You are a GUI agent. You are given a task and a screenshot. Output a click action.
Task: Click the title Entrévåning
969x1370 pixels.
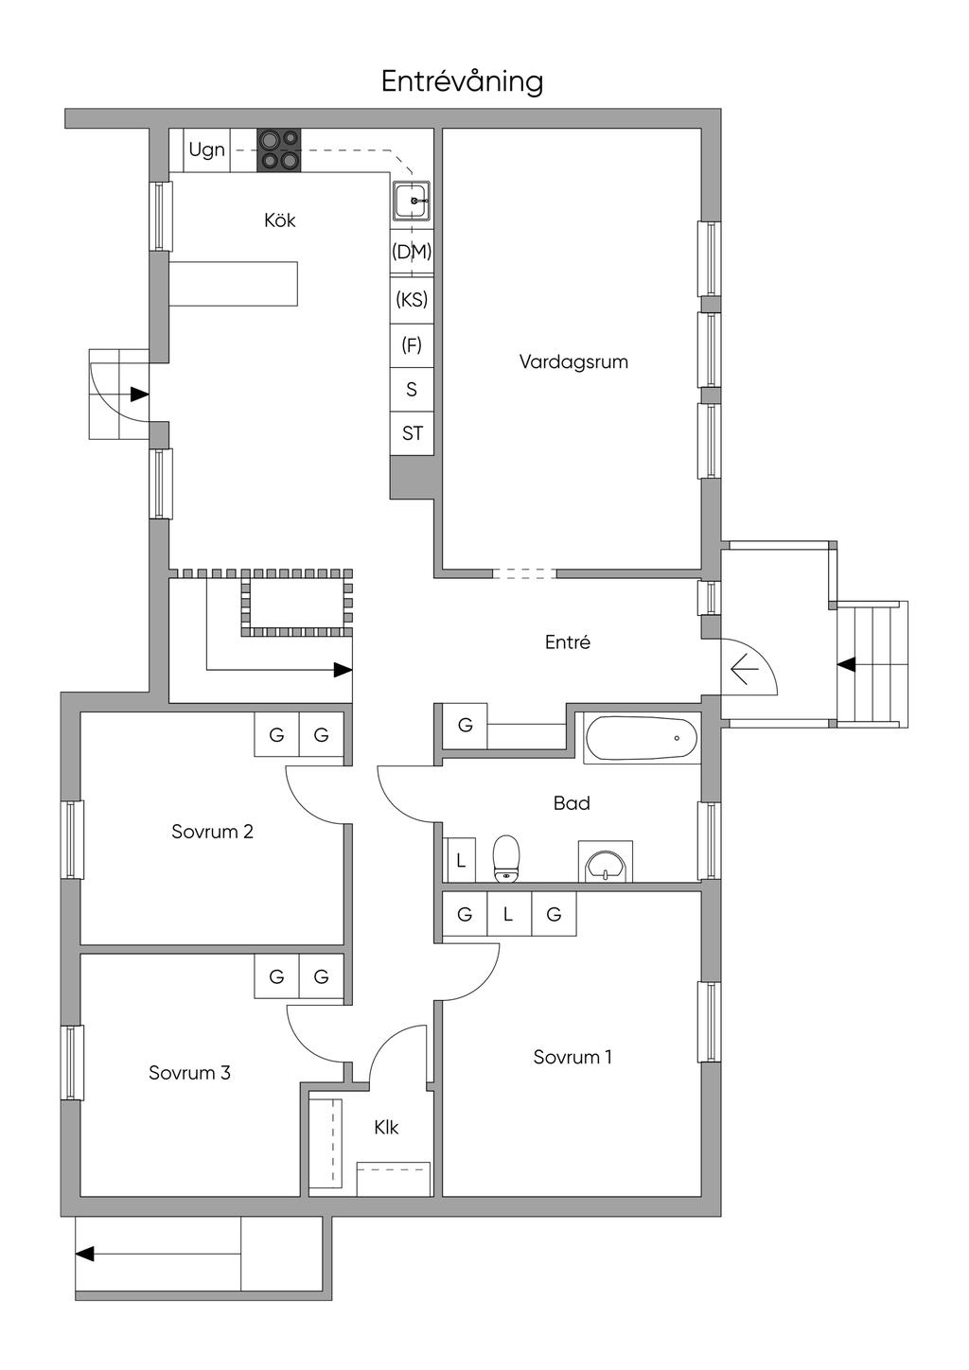tap(462, 81)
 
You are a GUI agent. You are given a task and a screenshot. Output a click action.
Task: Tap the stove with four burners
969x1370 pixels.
tap(279, 149)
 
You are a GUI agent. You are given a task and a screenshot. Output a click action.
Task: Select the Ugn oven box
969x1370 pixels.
tap(206, 149)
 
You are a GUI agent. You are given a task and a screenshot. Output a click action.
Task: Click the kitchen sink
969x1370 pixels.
tap(413, 202)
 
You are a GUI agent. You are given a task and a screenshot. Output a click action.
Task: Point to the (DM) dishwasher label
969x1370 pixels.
tap(412, 252)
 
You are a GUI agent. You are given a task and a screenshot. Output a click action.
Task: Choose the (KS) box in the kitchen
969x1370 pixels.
tap(412, 300)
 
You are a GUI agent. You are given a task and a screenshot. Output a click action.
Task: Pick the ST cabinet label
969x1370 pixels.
tap(412, 433)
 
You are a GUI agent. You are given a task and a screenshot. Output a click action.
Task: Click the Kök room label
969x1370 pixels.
tap(280, 220)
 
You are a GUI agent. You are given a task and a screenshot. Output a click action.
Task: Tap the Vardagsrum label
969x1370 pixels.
tap(573, 361)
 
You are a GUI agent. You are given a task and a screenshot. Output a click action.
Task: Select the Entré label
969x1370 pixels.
tap(568, 642)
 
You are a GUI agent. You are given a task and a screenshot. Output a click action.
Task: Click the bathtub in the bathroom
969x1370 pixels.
tap(642, 738)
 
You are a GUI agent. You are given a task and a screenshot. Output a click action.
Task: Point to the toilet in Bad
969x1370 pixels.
tap(507, 858)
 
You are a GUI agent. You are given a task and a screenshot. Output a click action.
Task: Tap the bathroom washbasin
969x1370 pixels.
tap(605, 864)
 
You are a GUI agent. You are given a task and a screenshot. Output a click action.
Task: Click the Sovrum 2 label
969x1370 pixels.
tap(212, 832)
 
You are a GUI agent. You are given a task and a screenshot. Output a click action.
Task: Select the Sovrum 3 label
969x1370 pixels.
tap(189, 1073)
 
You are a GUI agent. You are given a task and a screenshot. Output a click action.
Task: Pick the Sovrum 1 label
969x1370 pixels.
tap(573, 1057)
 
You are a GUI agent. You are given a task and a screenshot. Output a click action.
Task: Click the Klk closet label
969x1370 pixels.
tap(386, 1128)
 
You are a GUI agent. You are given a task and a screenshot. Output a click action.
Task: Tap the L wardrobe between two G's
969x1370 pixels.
tap(508, 914)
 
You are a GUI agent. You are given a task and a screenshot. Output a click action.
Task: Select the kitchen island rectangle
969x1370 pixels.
tap(234, 284)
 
